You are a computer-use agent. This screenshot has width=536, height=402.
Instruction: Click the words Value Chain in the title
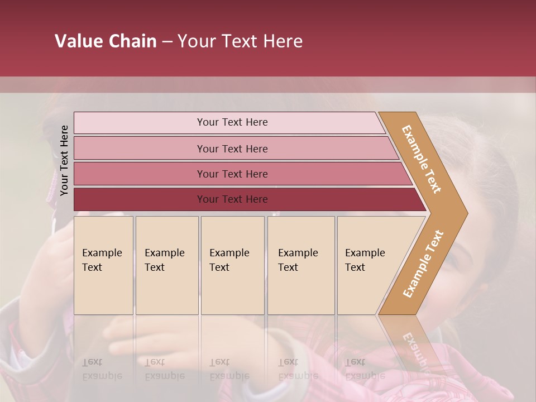point(106,41)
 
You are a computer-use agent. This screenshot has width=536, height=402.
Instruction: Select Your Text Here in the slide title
point(240,41)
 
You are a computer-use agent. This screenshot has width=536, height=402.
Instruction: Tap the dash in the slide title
point(167,42)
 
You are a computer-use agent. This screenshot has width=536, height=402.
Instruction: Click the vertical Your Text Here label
point(64,160)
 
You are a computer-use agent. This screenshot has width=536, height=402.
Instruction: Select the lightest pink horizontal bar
point(232,122)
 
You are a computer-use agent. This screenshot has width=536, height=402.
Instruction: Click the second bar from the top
point(232,149)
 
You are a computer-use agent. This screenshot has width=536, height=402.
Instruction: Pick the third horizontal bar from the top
point(232,174)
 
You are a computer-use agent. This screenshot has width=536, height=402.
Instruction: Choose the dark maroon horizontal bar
point(232,199)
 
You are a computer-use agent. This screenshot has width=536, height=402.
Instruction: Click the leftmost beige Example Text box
point(103,265)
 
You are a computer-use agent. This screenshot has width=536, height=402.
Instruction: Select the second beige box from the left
point(167,265)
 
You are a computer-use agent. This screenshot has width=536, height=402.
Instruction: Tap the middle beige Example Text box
point(232,265)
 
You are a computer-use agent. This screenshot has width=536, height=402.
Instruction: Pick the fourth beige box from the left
point(301,265)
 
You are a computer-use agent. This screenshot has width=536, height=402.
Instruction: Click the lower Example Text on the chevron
point(423,264)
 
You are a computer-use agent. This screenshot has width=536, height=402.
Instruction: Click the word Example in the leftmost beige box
point(102,253)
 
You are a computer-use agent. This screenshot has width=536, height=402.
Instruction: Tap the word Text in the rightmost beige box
point(355,267)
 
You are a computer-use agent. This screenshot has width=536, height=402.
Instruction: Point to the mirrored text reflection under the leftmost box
point(102,369)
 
